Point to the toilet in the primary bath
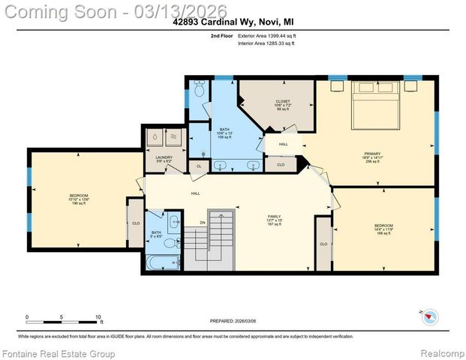198,90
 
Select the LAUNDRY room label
164,156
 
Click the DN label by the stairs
202,222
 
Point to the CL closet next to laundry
199,166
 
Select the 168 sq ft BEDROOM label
383,228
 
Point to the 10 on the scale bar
98,316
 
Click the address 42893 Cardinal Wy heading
233,22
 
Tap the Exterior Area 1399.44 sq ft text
266,35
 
